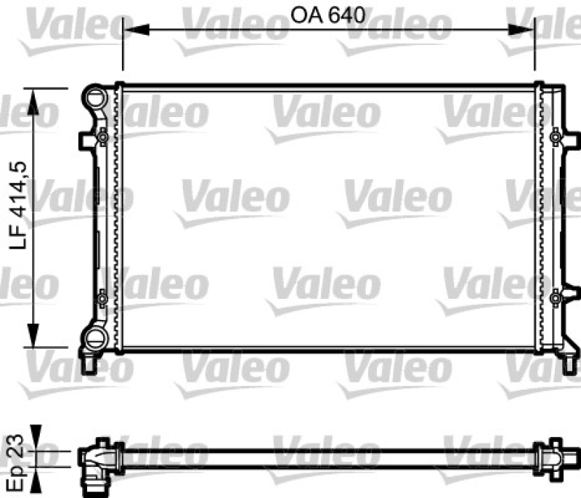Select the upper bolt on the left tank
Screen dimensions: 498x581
[x=102, y=136]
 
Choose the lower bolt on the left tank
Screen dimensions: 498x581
[x=102, y=297]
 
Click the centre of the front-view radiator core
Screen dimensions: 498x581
[x=329, y=218]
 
